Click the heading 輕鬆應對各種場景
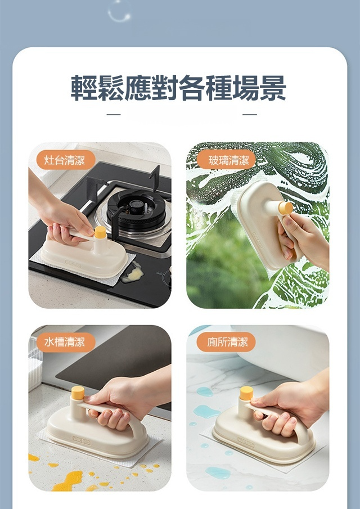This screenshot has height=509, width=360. tap(178, 88)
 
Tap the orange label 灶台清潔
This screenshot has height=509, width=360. tap(65, 160)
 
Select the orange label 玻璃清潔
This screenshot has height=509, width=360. tap(227, 160)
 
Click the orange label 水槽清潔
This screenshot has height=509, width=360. tap(65, 342)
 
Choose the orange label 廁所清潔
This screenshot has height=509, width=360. tap(227, 342)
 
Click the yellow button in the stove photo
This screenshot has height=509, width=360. tap(100, 232)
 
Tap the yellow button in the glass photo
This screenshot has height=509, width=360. tap(286, 208)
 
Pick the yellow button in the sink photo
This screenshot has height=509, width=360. tap(78, 393)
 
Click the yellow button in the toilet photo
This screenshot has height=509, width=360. tap(247, 393)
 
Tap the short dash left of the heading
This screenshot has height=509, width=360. tap(114, 114)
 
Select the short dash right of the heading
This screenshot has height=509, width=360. tap(250, 114)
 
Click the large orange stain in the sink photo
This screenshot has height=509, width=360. tap(68, 480)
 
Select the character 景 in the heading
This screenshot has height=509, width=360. tap(273, 88)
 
